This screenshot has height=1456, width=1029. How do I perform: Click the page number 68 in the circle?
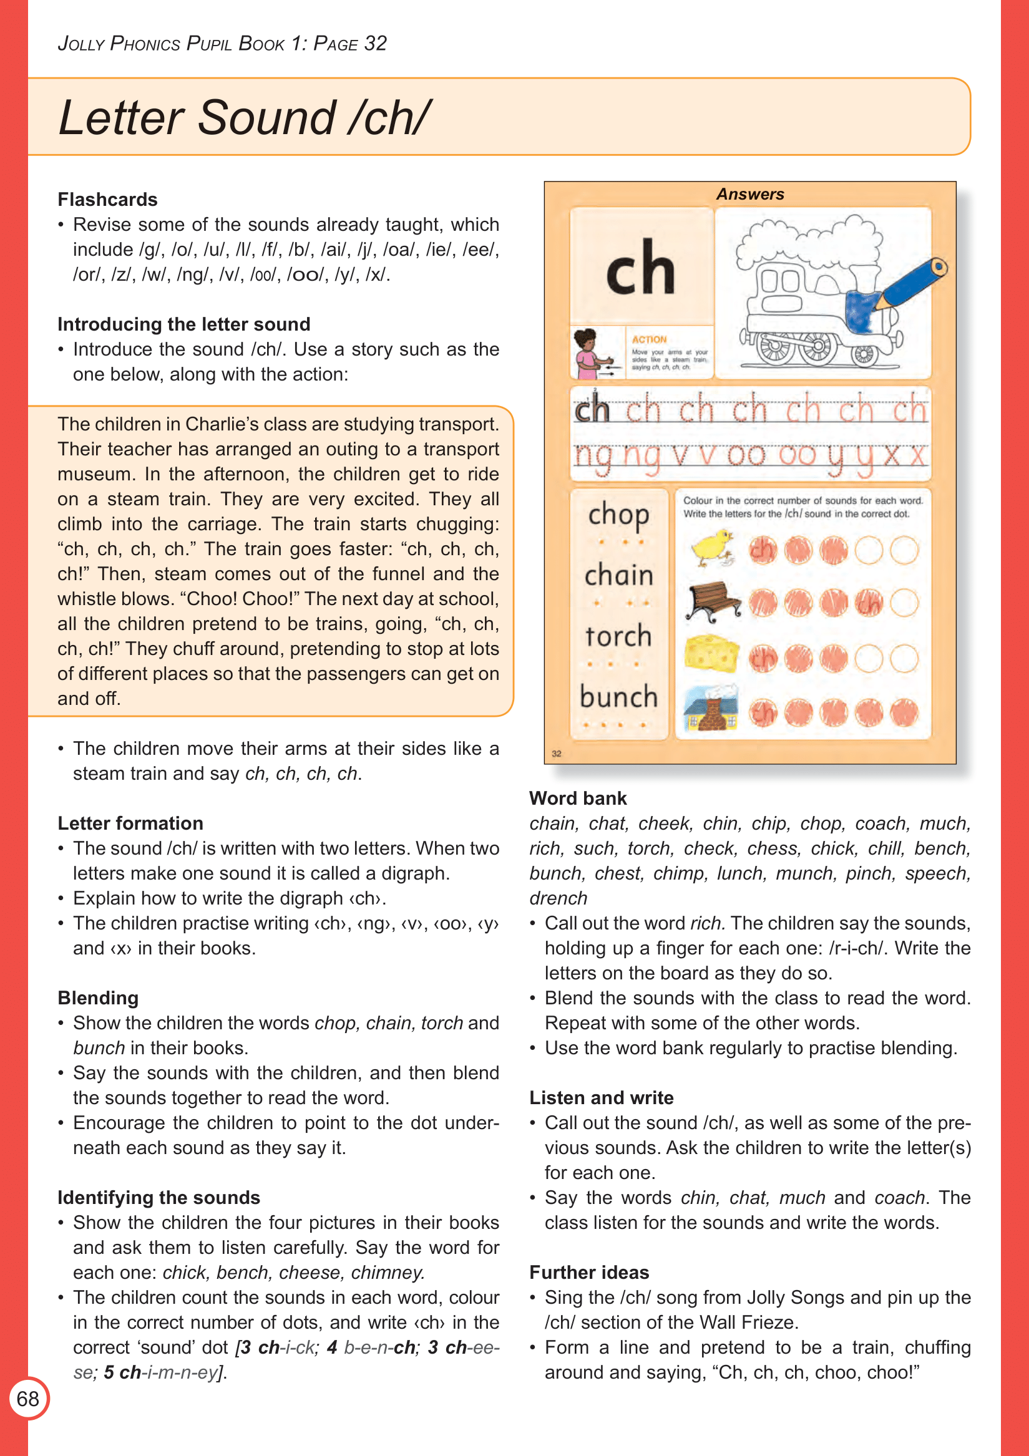click(28, 1398)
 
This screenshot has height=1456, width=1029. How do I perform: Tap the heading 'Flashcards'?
click(107, 200)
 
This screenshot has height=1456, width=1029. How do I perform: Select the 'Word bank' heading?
click(577, 798)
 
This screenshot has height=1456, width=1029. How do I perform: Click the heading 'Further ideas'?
click(588, 1273)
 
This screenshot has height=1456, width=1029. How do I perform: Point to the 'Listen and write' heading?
click(601, 1098)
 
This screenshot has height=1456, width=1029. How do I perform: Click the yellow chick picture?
click(711, 548)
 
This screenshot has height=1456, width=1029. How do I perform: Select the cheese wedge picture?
click(711, 654)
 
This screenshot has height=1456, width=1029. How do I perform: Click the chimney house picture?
click(711, 708)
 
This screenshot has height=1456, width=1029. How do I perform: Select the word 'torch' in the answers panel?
click(618, 636)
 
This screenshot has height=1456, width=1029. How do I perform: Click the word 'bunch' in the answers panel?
click(618, 697)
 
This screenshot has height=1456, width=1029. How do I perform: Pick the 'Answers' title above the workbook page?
click(750, 195)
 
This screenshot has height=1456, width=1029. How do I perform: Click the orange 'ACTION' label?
click(649, 340)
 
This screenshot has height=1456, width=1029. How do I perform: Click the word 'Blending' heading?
click(98, 998)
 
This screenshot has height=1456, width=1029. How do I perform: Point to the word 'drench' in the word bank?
click(558, 898)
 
